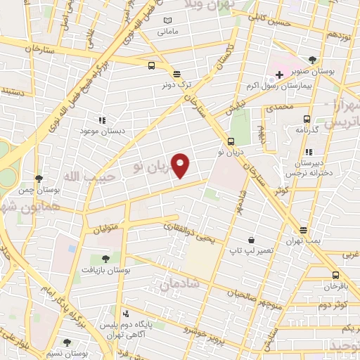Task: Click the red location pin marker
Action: coord(181,166)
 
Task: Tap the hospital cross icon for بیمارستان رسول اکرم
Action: coord(279,74)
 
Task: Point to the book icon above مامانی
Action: coord(167,20)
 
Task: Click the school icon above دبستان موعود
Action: coord(102,120)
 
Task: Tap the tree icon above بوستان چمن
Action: coord(39,179)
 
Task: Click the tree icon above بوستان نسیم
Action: coord(67,342)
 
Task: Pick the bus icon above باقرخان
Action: coord(336,275)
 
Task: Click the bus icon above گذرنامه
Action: coord(306,119)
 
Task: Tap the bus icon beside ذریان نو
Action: coord(231,141)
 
